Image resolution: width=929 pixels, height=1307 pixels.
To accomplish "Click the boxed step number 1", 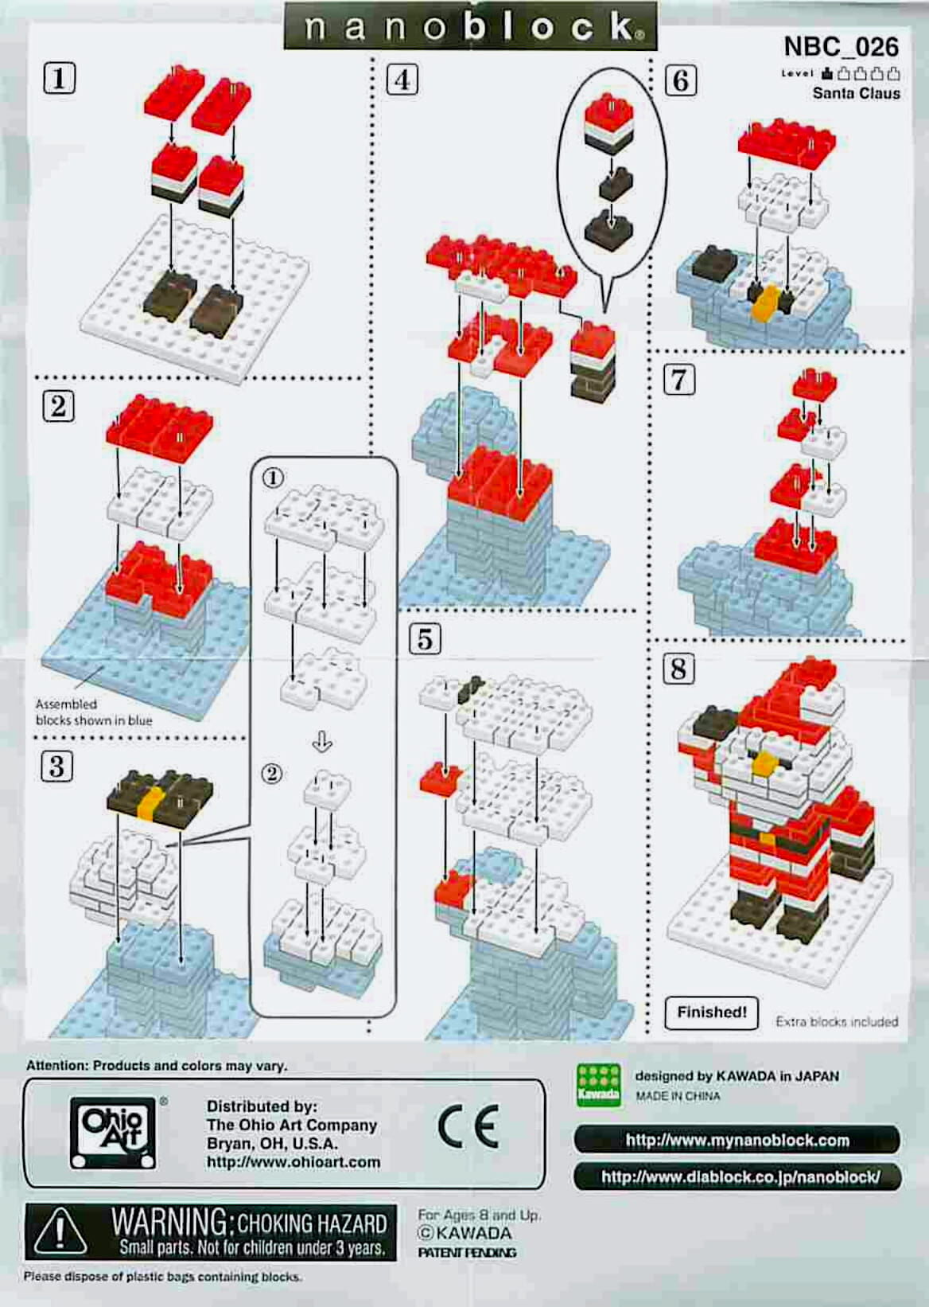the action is (60, 79).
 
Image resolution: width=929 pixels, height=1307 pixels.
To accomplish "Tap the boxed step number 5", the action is (426, 639).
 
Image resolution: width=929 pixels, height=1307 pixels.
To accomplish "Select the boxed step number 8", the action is (678, 669).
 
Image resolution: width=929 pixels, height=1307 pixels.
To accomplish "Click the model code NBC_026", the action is (841, 47).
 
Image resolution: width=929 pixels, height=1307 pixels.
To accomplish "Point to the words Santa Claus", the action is (857, 93).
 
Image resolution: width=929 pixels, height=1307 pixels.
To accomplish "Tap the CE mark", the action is (468, 1125).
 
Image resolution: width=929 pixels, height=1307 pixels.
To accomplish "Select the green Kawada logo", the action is (598, 1085).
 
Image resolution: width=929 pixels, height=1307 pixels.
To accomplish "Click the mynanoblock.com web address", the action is (737, 1140).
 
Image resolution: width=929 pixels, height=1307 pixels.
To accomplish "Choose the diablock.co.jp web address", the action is (740, 1176).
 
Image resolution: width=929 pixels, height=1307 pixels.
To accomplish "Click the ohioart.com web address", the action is (293, 1161).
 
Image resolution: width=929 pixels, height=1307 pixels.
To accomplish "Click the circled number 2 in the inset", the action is (272, 774).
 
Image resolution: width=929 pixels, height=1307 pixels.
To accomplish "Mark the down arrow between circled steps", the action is (322, 742).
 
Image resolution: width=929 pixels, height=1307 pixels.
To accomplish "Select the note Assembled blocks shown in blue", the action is (94, 712).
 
